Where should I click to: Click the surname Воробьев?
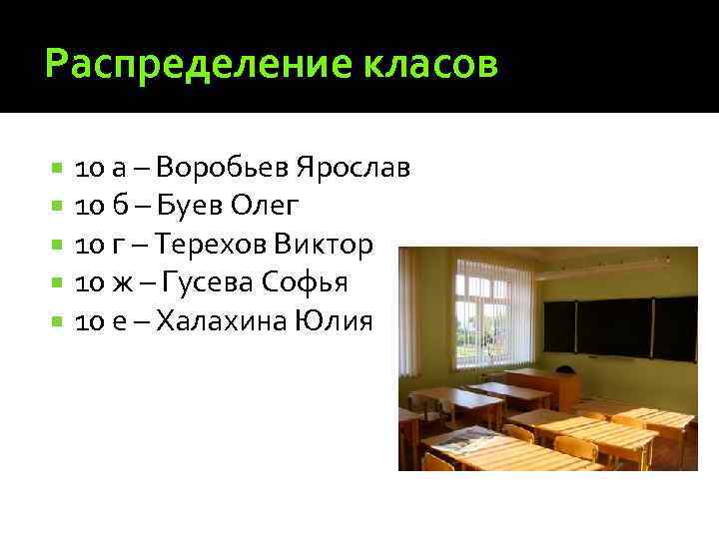221,166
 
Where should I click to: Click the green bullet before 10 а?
58,167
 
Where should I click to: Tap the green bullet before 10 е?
58,322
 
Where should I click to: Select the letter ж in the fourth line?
120,283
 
